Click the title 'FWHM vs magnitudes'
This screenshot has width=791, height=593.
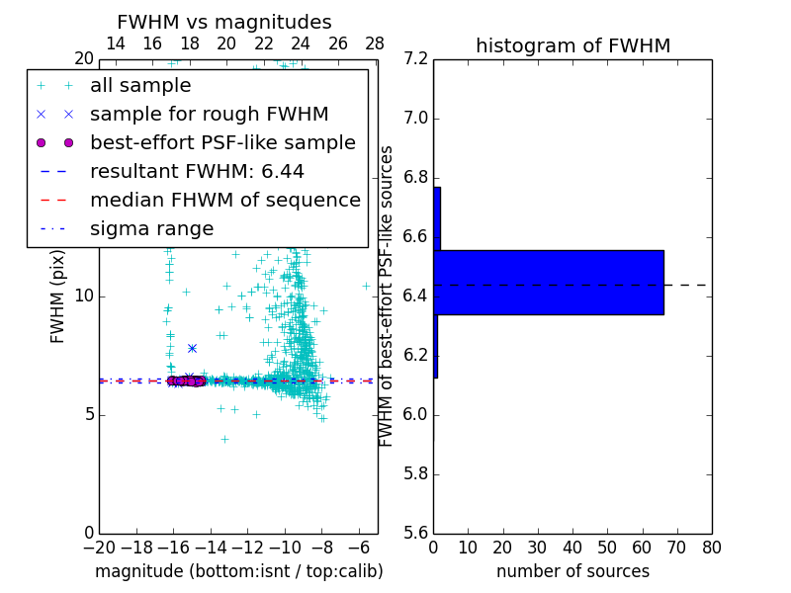(x=224, y=22)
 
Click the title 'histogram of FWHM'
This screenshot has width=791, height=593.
(x=572, y=45)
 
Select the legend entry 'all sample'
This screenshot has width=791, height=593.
(x=140, y=86)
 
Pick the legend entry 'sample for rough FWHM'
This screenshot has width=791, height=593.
(x=209, y=114)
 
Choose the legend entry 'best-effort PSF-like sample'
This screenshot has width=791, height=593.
(x=222, y=142)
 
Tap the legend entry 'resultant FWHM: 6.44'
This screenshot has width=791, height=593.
(x=197, y=171)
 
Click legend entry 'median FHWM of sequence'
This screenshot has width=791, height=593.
(x=224, y=200)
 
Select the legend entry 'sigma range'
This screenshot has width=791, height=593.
(x=151, y=228)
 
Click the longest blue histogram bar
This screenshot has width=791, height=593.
(x=549, y=282)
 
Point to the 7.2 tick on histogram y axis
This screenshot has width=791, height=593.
(x=416, y=59)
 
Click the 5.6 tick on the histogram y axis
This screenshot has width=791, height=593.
(x=416, y=533)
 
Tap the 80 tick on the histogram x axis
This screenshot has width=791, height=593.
(x=711, y=548)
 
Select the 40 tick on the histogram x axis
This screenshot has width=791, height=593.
(x=572, y=548)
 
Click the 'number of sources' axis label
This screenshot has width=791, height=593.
(x=572, y=571)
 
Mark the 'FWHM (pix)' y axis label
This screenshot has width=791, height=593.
(x=58, y=296)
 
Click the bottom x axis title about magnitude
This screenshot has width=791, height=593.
(x=238, y=571)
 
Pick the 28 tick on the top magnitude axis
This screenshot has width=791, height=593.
(x=375, y=43)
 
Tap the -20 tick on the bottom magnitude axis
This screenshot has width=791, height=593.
(x=99, y=548)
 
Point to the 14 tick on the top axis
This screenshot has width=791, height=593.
(x=115, y=43)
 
